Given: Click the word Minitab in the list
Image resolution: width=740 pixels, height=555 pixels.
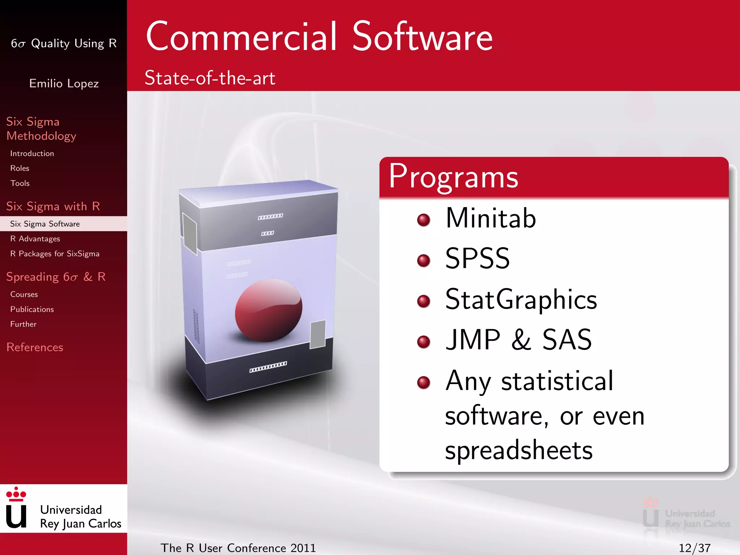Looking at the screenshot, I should pyautogui.click(x=490, y=218).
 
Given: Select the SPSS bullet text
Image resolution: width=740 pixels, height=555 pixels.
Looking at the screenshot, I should pyautogui.click(x=477, y=259).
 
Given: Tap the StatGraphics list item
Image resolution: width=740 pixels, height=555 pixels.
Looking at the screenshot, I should pyautogui.click(x=521, y=300).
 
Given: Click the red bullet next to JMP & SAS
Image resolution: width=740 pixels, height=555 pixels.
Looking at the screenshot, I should pyautogui.click(x=423, y=341).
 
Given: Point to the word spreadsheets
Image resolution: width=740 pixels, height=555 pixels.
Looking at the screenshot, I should pyautogui.click(x=519, y=451).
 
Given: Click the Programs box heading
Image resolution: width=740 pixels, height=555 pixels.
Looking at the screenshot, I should pyautogui.click(x=453, y=177).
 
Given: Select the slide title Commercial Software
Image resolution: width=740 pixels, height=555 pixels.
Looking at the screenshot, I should pyautogui.click(x=319, y=36).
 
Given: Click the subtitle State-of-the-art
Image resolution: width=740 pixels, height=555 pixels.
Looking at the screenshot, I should pyautogui.click(x=210, y=78).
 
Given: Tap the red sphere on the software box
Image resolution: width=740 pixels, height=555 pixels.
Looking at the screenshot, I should pyautogui.click(x=268, y=310).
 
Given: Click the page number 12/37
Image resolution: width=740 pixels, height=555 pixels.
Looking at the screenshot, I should pyautogui.click(x=694, y=548).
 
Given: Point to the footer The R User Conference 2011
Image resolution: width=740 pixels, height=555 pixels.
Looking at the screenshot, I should pyautogui.click(x=238, y=548).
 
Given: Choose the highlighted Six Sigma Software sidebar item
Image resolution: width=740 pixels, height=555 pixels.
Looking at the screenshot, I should pyautogui.click(x=45, y=224).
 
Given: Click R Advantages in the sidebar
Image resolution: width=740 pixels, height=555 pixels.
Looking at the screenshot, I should pyautogui.click(x=35, y=239).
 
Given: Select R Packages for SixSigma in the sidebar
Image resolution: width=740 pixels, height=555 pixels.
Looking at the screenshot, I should pyautogui.click(x=55, y=254).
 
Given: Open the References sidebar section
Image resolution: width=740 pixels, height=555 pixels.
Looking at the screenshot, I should pyautogui.click(x=35, y=347).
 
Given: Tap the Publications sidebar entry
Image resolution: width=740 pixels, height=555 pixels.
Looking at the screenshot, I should pyautogui.click(x=32, y=309).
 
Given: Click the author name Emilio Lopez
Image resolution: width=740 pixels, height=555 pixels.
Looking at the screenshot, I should pyautogui.click(x=64, y=83).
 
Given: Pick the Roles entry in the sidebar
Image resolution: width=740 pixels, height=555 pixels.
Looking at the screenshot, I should pyautogui.click(x=20, y=168).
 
